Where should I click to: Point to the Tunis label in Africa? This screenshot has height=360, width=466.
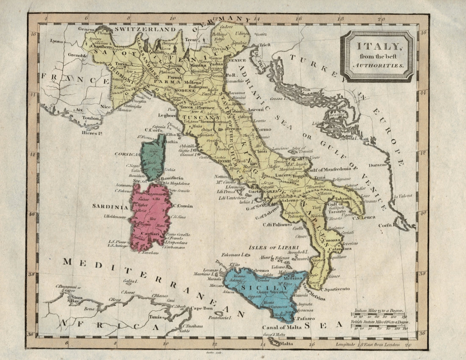(156, 316)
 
